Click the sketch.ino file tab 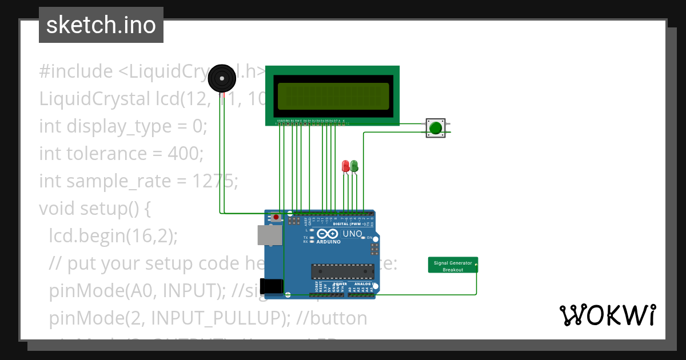click(101, 25)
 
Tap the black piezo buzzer click(221, 78)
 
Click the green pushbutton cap click(436, 127)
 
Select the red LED click(345, 166)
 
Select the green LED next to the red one click(354, 166)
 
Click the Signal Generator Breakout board click(453, 265)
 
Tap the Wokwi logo click(607, 315)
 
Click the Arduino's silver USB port click(270, 235)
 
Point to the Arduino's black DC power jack click(271, 286)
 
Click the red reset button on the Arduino click(277, 218)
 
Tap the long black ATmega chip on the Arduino click(342, 273)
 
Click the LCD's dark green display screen click(333, 96)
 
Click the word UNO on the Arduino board click(352, 234)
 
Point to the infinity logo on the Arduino click(326, 234)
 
